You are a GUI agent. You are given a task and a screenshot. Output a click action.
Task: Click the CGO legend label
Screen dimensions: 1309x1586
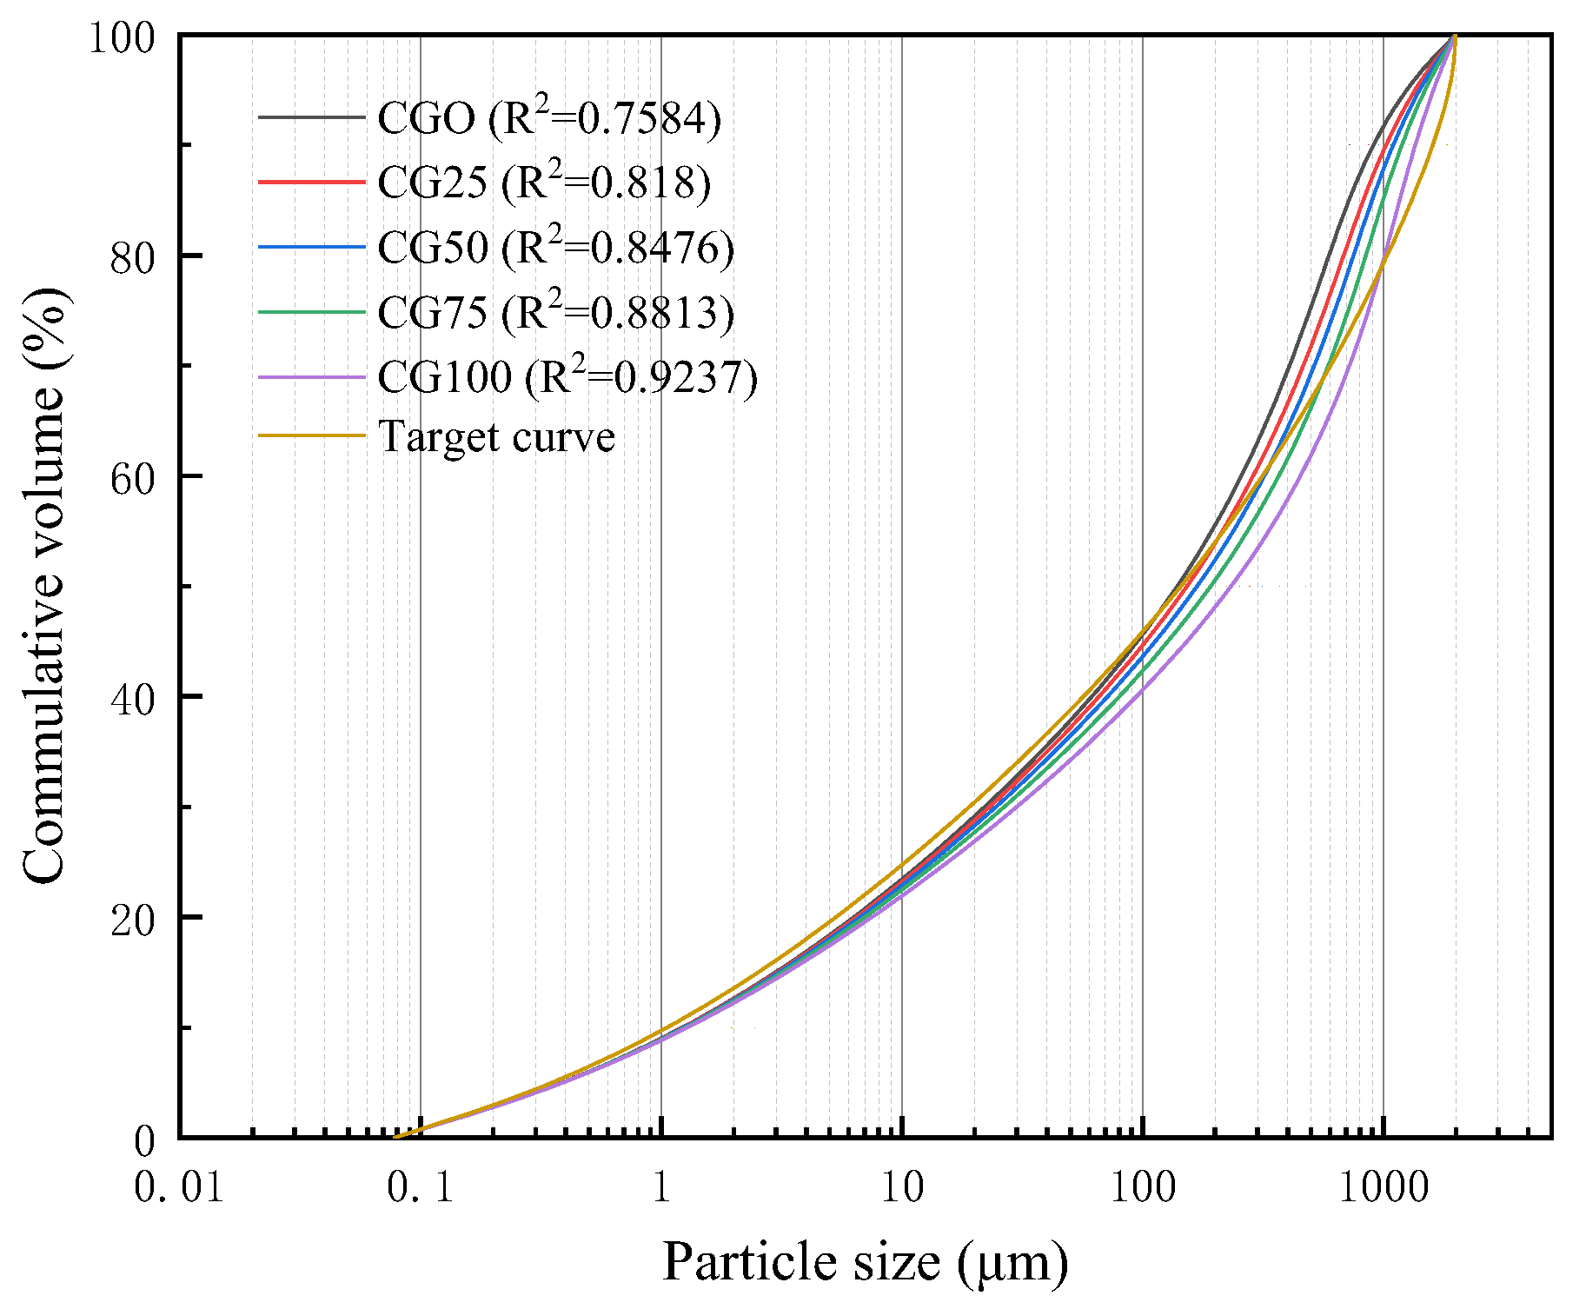click(549, 119)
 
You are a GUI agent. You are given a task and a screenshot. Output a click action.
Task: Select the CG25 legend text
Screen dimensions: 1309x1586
click(544, 183)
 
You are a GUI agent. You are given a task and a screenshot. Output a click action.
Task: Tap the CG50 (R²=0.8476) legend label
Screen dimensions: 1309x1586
click(556, 249)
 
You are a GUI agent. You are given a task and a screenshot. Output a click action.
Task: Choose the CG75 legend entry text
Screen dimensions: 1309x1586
click(556, 313)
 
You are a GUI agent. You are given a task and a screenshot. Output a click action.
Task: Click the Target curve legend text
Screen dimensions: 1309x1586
click(497, 437)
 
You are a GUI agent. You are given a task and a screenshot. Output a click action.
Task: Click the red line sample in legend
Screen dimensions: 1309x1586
click(311, 183)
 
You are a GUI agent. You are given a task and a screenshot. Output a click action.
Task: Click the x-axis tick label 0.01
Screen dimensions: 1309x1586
click(179, 1187)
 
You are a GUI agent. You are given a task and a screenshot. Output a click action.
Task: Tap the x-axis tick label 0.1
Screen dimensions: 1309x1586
click(421, 1187)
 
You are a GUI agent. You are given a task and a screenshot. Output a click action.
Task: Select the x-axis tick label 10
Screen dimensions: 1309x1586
click(902, 1187)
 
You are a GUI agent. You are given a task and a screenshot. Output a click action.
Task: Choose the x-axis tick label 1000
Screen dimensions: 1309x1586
click(1384, 1187)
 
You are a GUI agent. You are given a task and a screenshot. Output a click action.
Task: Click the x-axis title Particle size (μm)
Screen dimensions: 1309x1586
click(865, 1262)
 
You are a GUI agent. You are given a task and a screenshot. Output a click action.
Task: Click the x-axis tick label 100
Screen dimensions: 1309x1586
click(1143, 1187)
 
